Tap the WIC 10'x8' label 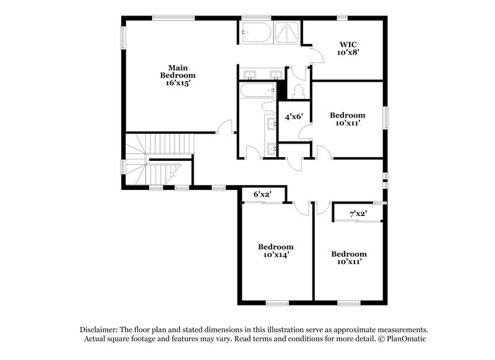click(348, 48)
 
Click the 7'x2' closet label click(358, 214)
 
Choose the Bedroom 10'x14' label click(275, 250)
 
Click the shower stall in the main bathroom click(286, 32)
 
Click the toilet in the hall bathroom click(270, 106)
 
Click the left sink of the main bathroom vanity click(250, 75)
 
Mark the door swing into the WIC click(317, 56)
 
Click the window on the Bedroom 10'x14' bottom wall click(277, 303)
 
